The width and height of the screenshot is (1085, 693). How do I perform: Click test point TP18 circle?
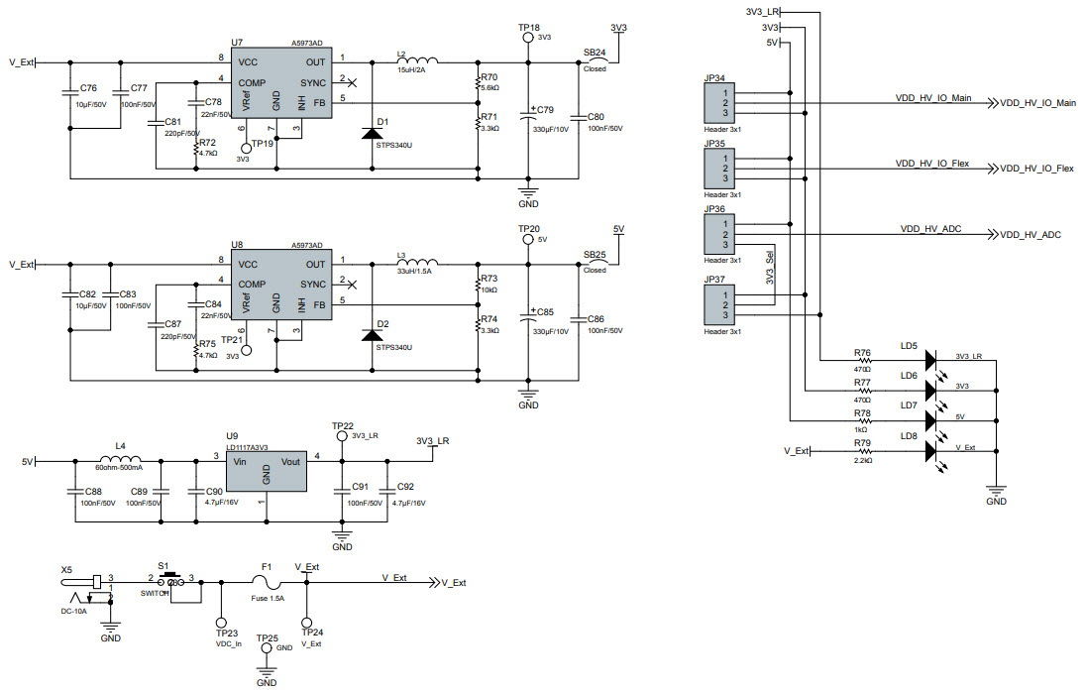528,38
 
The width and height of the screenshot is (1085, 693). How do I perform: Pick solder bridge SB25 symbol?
597,263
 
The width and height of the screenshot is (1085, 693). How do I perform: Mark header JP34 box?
719,102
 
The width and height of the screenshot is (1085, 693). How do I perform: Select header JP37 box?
719,304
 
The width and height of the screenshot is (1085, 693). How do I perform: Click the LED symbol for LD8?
929,451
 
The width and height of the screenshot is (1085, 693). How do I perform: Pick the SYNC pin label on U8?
313,285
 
